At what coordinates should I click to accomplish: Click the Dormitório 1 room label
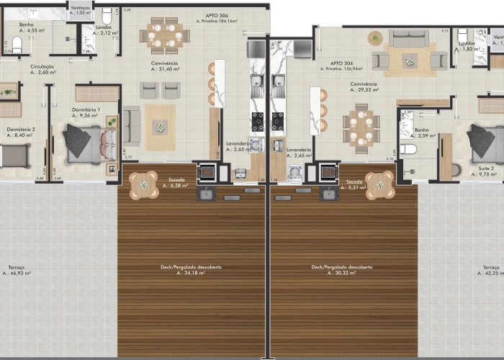click(86, 109)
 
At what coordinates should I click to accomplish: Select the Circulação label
click(43, 66)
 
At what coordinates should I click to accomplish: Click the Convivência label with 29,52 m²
click(364, 84)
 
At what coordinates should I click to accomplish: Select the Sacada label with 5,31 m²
click(353, 181)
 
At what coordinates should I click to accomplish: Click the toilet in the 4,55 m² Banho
click(18, 45)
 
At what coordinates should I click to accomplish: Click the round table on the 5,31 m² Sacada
click(379, 184)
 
